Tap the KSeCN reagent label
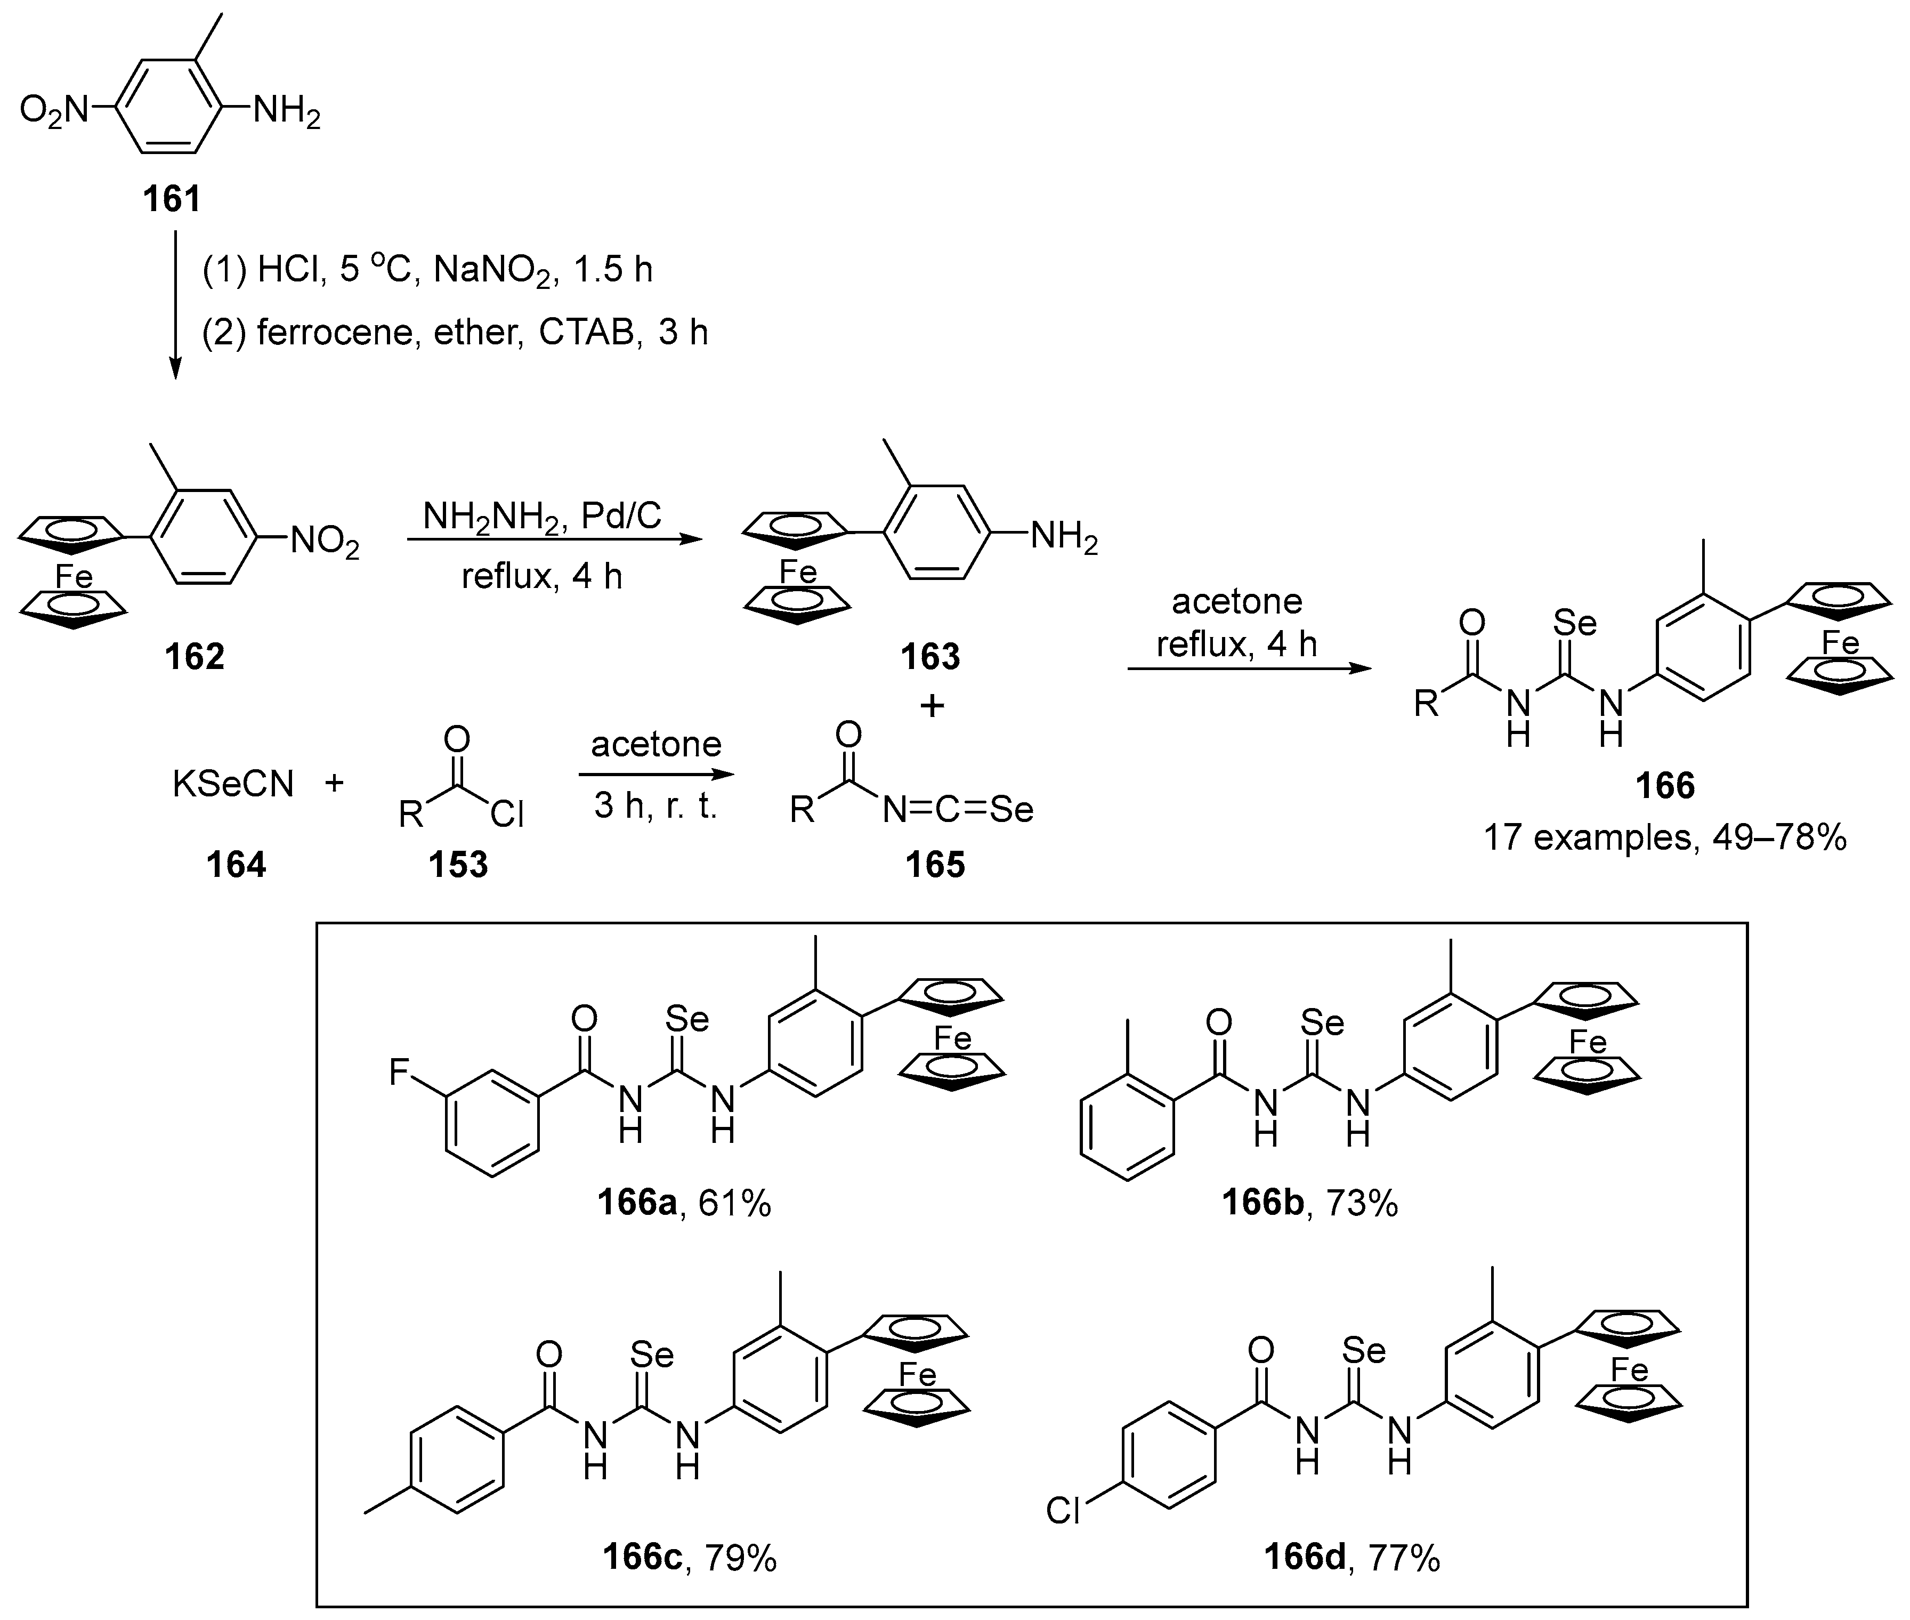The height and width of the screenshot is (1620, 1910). pyautogui.click(x=233, y=784)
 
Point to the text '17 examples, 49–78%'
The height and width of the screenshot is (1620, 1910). pyautogui.click(x=1665, y=837)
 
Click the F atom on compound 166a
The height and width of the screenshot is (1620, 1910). pyautogui.click(x=400, y=1071)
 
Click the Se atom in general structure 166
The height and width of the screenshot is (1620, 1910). pyautogui.click(x=1575, y=624)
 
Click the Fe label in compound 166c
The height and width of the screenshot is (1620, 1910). pyautogui.click(x=917, y=1375)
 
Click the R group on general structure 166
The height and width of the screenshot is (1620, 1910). pyautogui.click(x=1425, y=704)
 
